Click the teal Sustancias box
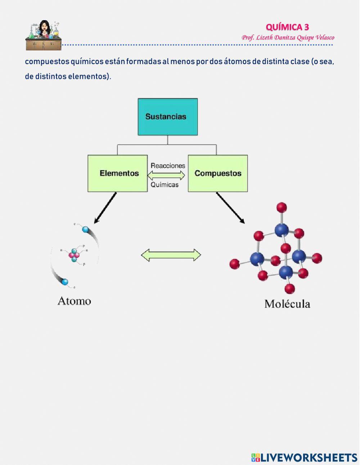pyautogui.click(x=167, y=117)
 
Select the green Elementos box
pyautogui.click(x=118, y=173)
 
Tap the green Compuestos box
pyautogui.click(x=218, y=173)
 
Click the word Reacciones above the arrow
pyautogui.click(x=168, y=166)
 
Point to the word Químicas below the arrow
pyautogui.click(x=165, y=184)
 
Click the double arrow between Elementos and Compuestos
pyautogui.click(x=166, y=175)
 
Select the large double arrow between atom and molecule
pyautogui.click(x=171, y=255)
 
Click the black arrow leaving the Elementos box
pyautogui.click(x=105, y=208)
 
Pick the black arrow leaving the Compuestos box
pyautogui.click(x=230, y=208)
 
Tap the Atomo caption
pyautogui.click(x=74, y=301)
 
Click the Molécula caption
pyautogui.click(x=287, y=304)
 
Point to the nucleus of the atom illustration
pyautogui.click(x=74, y=255)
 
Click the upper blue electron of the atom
pyautogui.click(x=85, y=229)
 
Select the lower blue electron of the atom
pyautogui.click(x=65, y=282)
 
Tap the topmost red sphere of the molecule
pyautogui.click(x=282, y=207)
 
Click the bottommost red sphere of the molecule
pyautogui.click(x=289, y=289)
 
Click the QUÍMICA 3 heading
pyautogui.click(x=287, y=27)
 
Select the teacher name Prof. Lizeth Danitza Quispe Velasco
pyautogui.click(x=288, y=37)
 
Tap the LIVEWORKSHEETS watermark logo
pyautogui.click(x=304, y=457)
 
